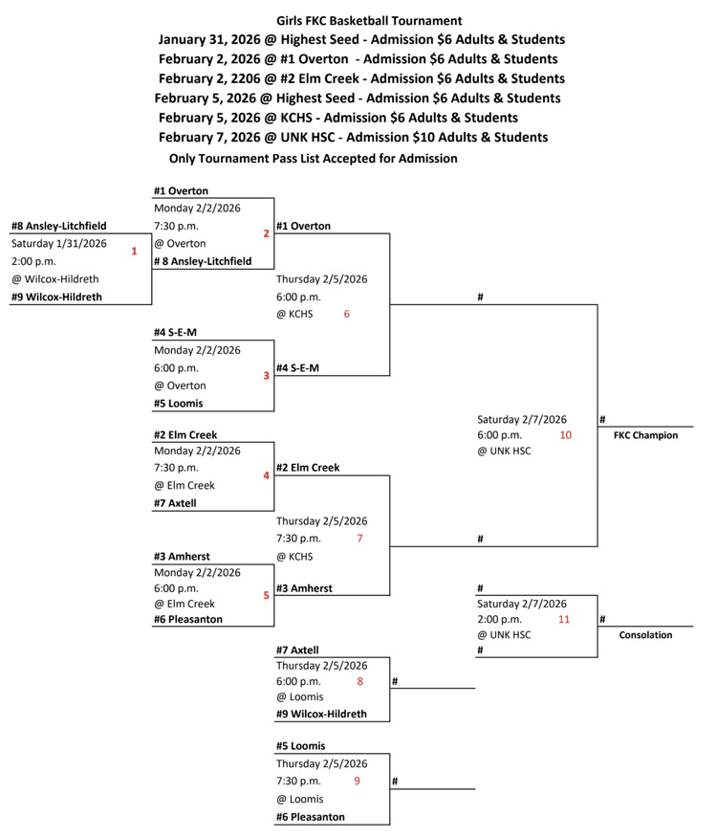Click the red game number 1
pyautogui.click(x=134, y=252)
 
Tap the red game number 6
pyautogui.click(x=347, y=314)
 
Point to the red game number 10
pyautogui.click(x=566, y=435)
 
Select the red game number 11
pyautogui.click(x=564, y=619)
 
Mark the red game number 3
pyautogui.click(x=266, y=376)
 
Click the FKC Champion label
pyautogui.click(x=645, y=435)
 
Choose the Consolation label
pyautogui.click(x=645, y=634)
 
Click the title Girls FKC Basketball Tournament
pyautogui.click(x=369, y=20)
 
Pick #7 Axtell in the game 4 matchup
pyautogui.click(x=175, y=502)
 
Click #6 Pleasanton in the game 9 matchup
pyautogui.click(x=310, y=817)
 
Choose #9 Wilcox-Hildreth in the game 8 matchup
pyautogui.click(x=321, y=714)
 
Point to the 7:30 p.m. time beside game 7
pyautogui.click(x=298, y=539)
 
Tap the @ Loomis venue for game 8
pyautogui.click(x=300, y=696)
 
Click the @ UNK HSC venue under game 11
pyautogui.click(x=504, y=634)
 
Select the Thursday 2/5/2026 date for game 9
pyautogui.click(x=321, y=763)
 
